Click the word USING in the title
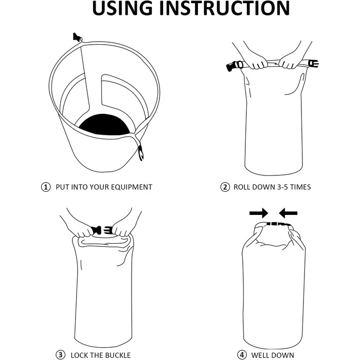tap(122, 8)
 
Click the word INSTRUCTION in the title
tap(224, 8)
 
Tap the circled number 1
tap(46, 187)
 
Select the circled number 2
tap(225, 187)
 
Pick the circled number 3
tap(60, 355)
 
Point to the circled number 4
tap(242, 355)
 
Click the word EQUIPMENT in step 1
tap(131, 187)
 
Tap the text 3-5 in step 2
tap(282, 187)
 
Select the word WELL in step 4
tap(260, 355)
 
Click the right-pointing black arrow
tap(259, 213)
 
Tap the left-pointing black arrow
tap(288, 213)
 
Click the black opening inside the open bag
tap(104, 124)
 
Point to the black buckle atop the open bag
tap(77, 37)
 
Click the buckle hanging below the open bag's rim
tap(141, 152)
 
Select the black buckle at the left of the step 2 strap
tap(233, 66)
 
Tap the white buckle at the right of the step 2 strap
tap(313, 63)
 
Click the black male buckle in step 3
tap(96, 230)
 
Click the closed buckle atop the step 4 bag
tap(278, 224)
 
